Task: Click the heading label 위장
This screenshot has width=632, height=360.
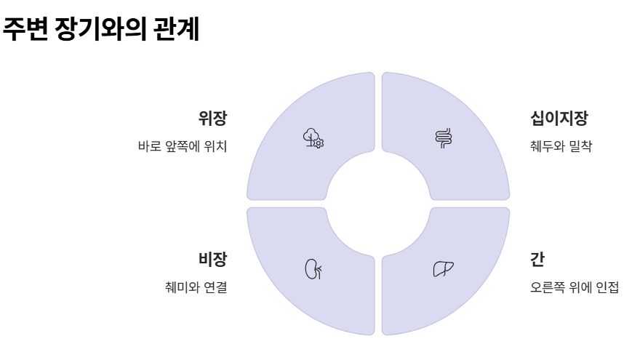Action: point(212,119)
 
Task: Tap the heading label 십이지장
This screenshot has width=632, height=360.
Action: point(558,119)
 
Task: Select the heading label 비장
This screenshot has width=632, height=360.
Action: point(212,259)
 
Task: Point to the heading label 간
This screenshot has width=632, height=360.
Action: point(537,259)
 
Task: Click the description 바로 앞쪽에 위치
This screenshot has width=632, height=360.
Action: point(182,146)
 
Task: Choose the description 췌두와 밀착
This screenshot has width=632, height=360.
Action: point(561,146)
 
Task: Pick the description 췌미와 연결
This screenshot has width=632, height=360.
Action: point(196,287)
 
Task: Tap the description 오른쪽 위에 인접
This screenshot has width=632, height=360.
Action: point(575,287)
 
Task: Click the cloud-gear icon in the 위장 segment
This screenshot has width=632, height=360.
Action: point(313,137)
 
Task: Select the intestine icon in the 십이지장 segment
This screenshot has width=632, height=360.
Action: point(444,137)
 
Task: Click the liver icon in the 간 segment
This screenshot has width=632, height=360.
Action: point(444,269)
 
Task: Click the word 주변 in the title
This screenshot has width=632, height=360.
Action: point(25,31)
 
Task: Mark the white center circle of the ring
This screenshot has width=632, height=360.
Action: point(378,203)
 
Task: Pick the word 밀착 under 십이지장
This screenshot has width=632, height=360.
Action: point(582,146)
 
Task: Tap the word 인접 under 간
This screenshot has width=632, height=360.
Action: point(607,287)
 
